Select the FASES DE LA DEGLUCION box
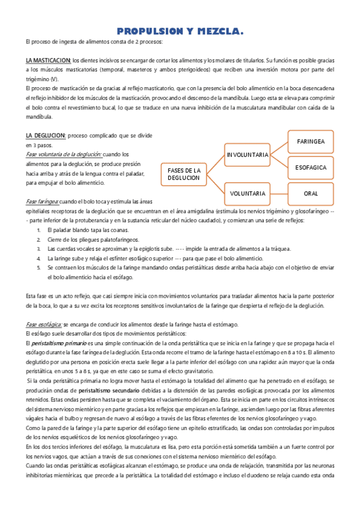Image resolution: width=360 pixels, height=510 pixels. [183, 174]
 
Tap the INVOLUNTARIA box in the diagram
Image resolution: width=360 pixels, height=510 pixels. [247, 155]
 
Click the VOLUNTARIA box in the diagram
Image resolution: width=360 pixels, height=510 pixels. [247, 194]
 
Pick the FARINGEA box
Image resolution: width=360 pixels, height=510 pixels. [311, 141]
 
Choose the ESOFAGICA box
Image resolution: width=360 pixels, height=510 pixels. [311, 168]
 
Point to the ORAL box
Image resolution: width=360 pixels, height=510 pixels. [311, 194]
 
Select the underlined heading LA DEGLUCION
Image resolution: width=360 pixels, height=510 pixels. [46, 136]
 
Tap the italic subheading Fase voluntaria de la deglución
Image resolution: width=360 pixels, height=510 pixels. [64, 155]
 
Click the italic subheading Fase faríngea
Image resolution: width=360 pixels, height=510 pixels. [42, 201]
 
